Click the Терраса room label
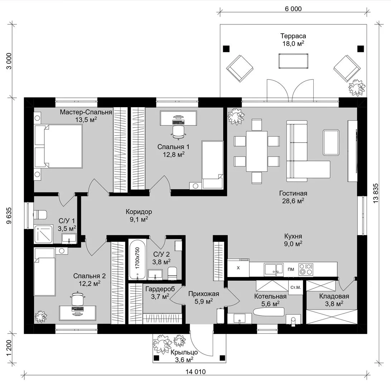293,36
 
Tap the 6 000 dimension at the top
293,9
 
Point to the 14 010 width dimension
195,372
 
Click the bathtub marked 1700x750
137,260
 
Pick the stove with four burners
306,269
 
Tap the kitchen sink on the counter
274,269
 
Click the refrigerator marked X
238,268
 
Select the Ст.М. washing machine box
295,287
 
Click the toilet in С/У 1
40,215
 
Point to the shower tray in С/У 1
43,234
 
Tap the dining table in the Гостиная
257,151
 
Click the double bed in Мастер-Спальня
58,146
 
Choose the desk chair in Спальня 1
179,132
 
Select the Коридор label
139,212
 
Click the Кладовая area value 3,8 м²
334,304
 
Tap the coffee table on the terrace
293,61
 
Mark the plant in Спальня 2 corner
41,316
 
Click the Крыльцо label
184,352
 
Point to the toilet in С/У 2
173,273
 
